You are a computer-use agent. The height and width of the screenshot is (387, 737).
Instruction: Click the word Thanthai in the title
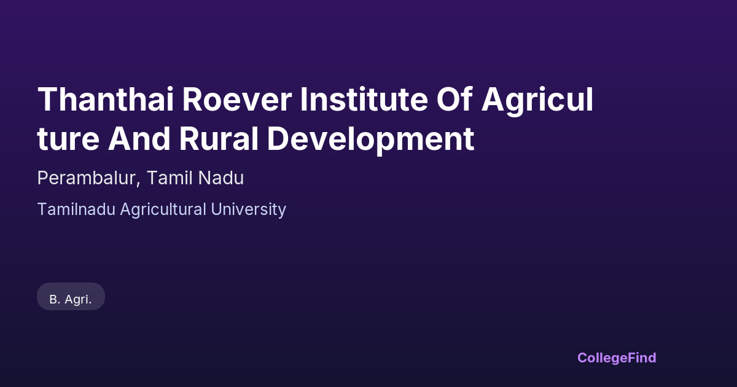coord(106,99)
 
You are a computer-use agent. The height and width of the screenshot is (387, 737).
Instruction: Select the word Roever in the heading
coord(237,99)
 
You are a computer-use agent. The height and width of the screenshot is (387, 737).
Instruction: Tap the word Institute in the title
coord(364,99)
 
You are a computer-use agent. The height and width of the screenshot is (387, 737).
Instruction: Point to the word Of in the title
coord(454,99)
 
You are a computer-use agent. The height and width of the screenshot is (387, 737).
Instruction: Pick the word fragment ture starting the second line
coord(68,139)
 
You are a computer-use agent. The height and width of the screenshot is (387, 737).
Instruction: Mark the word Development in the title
coord(371,140)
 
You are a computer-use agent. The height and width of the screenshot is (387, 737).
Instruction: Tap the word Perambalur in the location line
coord(86,178)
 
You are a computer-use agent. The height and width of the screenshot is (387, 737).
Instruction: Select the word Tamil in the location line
coord(169,178)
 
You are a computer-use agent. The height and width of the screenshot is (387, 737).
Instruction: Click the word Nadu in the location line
coord(221,178)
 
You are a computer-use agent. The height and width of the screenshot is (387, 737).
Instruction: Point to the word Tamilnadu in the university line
coord(76,209)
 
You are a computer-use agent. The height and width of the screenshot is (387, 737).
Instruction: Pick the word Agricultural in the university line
coord(163,210)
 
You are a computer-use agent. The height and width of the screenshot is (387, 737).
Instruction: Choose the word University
coord(249,210)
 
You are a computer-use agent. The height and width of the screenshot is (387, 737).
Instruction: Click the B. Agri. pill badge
coord(71,297)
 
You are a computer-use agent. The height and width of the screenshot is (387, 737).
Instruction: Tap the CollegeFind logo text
coord(617,358)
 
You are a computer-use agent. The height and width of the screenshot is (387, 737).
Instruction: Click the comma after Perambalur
coord(138,185)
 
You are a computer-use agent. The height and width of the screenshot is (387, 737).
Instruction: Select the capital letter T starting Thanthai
coord(49,99)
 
